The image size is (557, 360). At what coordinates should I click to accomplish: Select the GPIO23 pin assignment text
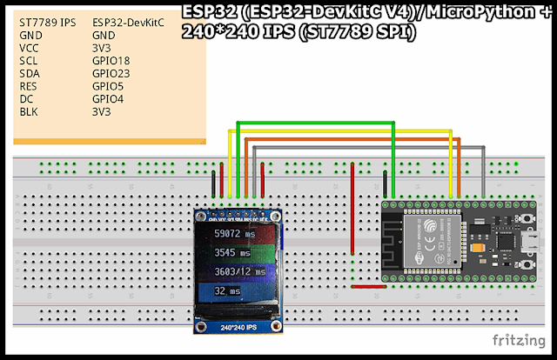pyautogui.click(x=111, y=75)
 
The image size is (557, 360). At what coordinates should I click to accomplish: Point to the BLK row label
pyautogui.click(x=28, y=111)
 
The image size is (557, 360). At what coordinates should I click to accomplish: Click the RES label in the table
pyautogui.click(x=28, y=87)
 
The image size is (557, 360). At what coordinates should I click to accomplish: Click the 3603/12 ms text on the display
pyautogui.click(x=238, y=272)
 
